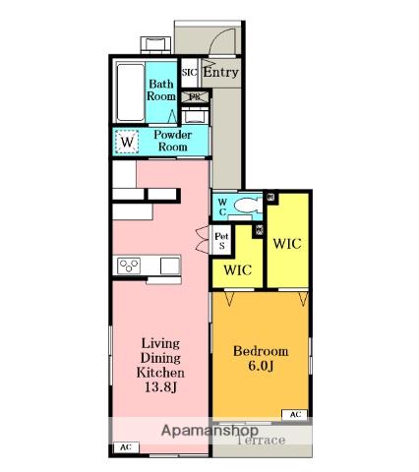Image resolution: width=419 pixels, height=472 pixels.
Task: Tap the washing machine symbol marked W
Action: point(127,143)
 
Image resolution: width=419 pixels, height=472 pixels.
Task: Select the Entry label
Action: point(221,73)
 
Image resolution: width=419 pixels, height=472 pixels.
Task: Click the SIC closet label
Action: point(190,72)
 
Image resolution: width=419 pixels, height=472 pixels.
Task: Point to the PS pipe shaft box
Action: point(195,96)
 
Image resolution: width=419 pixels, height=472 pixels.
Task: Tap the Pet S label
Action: point(221,240)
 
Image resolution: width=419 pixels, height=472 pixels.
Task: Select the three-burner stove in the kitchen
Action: point(130,265)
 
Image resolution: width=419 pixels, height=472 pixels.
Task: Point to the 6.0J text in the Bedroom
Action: point(261,367)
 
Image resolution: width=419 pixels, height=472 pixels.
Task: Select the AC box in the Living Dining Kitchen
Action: point(125,448)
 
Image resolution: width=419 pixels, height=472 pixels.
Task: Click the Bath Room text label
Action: point(161,90)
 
